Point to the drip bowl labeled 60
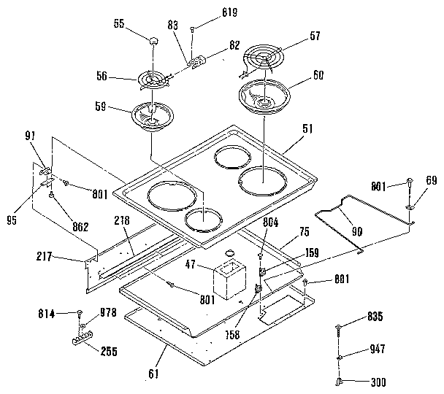tap(262, 96)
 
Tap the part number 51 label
tap(307, 129)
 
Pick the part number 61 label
tap(153, 375)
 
